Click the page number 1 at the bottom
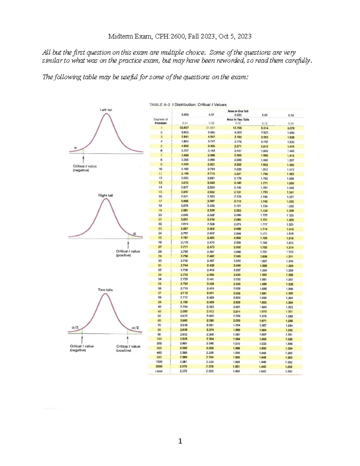(180, 441)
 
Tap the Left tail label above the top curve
(106, 110)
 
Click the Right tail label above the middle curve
(106, 195)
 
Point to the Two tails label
(105, 290)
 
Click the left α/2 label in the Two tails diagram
(75, 327)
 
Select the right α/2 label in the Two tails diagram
(136, 327)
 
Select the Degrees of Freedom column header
(160, 121)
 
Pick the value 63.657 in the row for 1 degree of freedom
(184, 128)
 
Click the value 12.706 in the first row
(237, 128)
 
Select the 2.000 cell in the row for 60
(237, 320)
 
